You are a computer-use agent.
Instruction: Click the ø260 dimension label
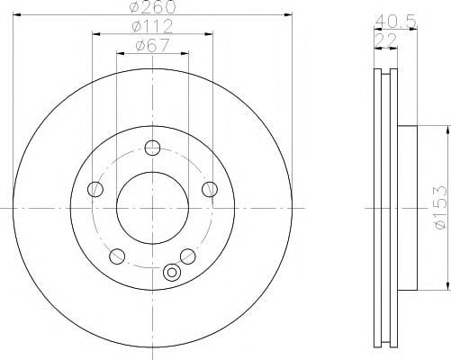(x=153, y=6)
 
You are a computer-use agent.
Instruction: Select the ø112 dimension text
(x=152, y=26)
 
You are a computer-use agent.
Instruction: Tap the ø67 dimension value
(x=152, y=46)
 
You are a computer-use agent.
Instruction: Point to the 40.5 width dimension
(x=396, y=22)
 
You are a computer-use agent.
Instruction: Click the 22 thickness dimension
(x=386, y=40)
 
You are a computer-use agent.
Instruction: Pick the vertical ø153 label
(x=440, y=208)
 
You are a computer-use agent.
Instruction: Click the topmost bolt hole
(x=152, y=148)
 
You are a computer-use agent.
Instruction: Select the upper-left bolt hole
(x=95, y=189)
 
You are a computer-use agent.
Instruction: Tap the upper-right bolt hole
(x=210, y=189)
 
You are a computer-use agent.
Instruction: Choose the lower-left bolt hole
(x=117, y=256)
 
